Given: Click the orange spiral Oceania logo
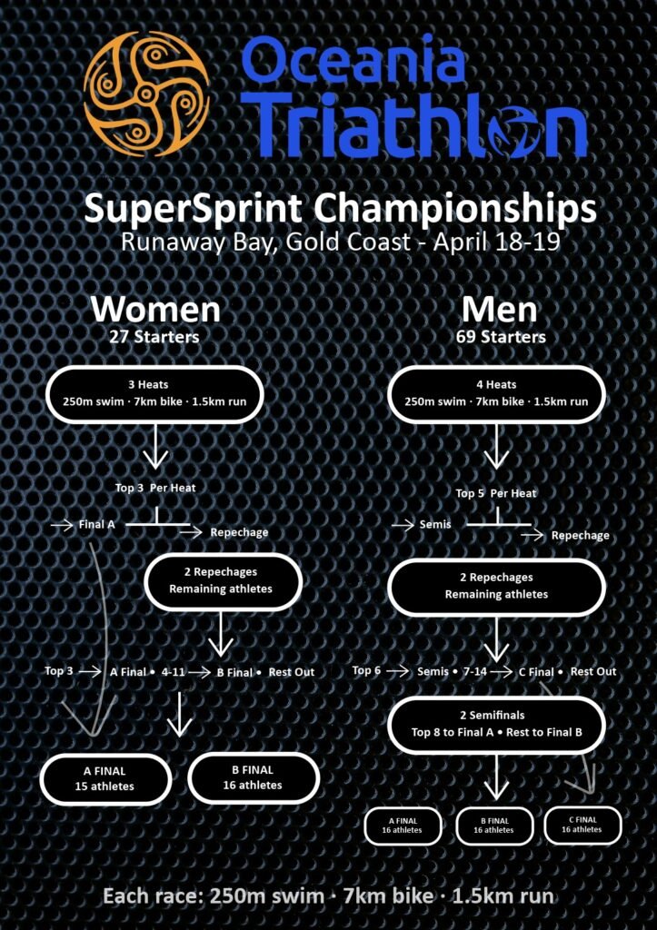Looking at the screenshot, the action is click(146, 94).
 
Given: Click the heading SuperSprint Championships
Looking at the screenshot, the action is click(340, 209).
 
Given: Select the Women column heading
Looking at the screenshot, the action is click(155, 309).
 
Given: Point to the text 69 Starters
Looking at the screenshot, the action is click(501, 337).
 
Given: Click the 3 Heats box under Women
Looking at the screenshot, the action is click(154, 394).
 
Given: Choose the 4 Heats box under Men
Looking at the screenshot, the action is click(496, 394).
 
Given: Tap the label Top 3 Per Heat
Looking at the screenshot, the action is click(154, 488).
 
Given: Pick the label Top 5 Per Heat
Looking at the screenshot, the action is click(495, 493).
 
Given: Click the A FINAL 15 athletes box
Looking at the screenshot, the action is click(105, 778).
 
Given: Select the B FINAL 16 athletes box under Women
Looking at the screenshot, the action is click(253, 777).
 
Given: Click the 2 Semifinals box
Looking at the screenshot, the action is click(496, 724).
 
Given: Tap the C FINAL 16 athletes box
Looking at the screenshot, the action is click(582, 825).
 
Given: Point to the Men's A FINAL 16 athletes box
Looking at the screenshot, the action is click(403, 826).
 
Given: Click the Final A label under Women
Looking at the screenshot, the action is click(96, 524).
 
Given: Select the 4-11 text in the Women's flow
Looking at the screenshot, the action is click(173, 672).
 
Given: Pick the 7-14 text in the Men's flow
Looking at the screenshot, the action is click(474, 671).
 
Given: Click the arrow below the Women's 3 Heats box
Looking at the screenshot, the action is click(154, 446).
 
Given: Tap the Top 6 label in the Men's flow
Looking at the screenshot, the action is click(366, 671).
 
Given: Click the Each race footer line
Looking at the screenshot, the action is click(328, 895).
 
